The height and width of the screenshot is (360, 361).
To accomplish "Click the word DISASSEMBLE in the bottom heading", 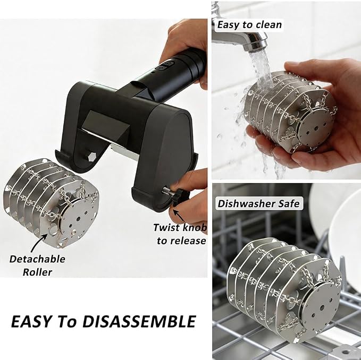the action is coord(139,321).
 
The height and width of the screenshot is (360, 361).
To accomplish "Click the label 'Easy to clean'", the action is coord(249,24).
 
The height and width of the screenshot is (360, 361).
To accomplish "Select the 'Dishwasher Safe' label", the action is coord(259,204).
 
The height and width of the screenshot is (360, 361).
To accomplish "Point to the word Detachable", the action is coord(37,259).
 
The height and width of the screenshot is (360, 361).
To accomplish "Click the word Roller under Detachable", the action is coord(37,272).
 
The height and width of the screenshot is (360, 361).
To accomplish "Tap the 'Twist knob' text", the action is coord(180,228).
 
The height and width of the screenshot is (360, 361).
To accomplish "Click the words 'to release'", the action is coord(182,241).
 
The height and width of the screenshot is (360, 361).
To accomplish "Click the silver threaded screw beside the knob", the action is coord(167,190).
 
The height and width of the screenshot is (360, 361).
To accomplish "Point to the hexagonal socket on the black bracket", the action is coord(91,158).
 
